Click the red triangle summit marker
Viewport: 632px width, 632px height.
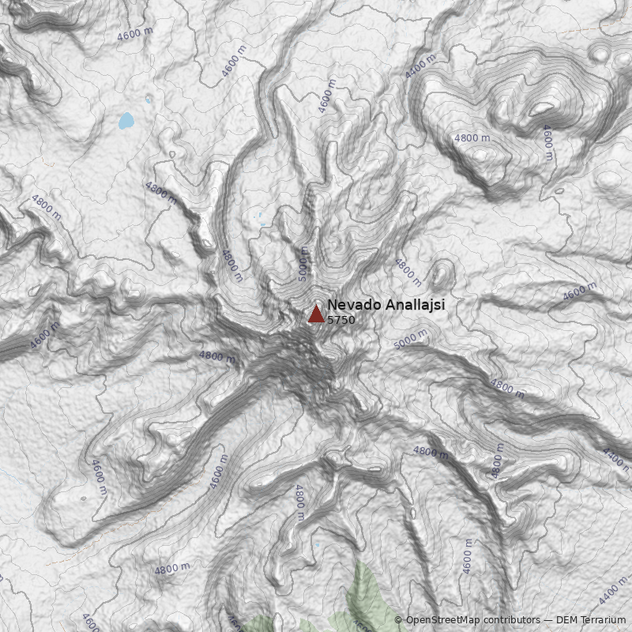(x=316, y=314)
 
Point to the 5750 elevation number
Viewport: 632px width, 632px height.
(x=341, y=320)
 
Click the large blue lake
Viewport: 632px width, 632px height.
(x=126, y=121)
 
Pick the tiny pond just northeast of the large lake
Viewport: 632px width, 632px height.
(x=149, y=99)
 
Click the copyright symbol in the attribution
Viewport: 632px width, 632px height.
(x=398, y=621)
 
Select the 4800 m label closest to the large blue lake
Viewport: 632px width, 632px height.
(x=160, y=192)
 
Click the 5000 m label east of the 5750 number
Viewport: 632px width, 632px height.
(x=410, y=340)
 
